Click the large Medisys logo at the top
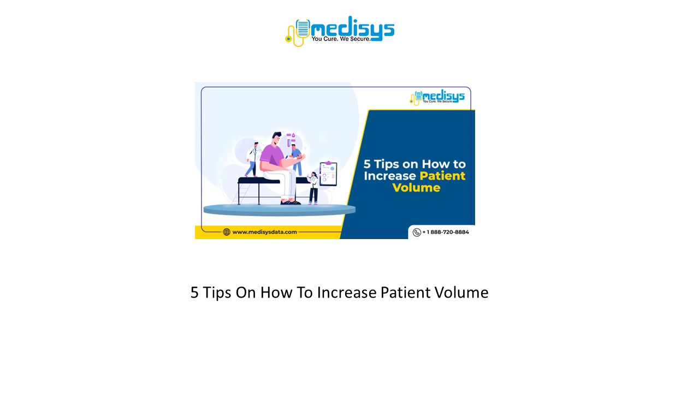[x=339, y=31]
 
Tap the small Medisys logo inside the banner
[x=437, y=97]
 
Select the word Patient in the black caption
[x=406, y=293]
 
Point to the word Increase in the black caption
[x=347, y=293]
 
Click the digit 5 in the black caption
[x=194, y=293]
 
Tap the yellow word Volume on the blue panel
[x=416, y=188]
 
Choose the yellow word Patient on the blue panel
[x=442, y=176]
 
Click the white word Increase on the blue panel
[x=389, y=176]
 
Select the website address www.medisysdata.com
[x=264, y=232]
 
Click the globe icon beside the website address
[x=227, y=232]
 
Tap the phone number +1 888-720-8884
[x=445, y=232]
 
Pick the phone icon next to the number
[x=417, y=232]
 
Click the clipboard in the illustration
[x=328, y=174]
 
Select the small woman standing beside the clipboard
[x=313, y=188]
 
